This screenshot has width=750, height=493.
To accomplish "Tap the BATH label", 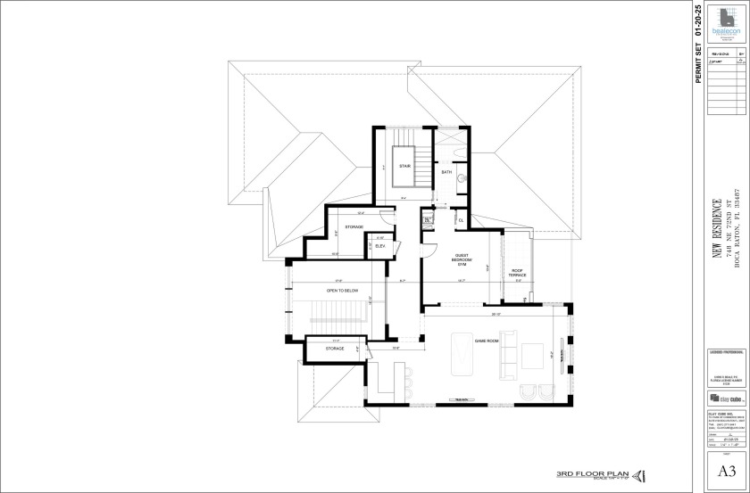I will (x=446, y=172).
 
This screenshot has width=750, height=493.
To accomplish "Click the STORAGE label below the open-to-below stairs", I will (x=335, y=349).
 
